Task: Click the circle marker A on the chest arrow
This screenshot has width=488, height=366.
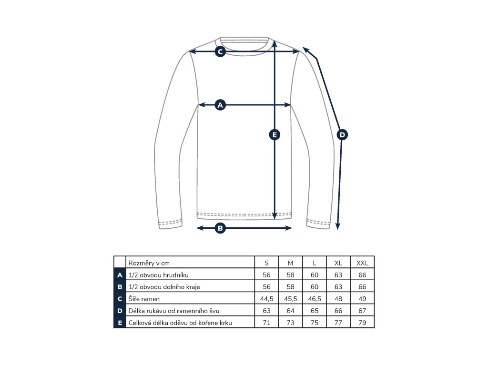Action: [x=220, y=105]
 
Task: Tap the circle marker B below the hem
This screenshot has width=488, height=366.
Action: [x=220, y=228]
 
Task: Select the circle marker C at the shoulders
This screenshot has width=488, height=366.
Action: [x=220, y=51]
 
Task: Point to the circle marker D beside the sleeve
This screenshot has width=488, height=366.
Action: [x=342, y=135]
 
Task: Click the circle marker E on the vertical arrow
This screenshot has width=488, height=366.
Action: [x=274, y=135]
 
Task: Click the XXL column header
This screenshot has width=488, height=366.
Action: [x=362, y=263]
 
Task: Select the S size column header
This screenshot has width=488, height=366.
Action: [x=267, y=263]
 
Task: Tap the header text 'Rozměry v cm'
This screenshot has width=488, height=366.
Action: [x=149, y=263]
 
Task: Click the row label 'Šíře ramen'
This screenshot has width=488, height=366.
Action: [x=144, y=299]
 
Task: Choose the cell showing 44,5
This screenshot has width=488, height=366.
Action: [x=267, y=299]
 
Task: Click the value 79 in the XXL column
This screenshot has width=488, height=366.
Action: [x=362, y=323]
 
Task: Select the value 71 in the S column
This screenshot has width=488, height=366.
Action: [x=267, y=323]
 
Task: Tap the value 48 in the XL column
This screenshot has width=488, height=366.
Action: [x=338, y=299]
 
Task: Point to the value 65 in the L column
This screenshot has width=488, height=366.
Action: [x=315, y=311]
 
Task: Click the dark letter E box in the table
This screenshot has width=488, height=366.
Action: [x=120, y=323]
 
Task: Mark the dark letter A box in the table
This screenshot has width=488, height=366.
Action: [x=120, y=275]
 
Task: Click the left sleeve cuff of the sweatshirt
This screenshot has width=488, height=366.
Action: [x=171, y=223]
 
